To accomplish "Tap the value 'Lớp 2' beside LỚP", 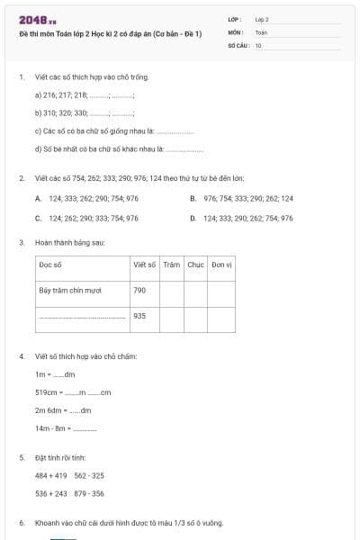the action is pyautogui.click(x=262, y=19).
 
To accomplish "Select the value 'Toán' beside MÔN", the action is pyautogui.click(x=261, y=31).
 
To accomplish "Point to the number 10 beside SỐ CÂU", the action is pyautogui.click(x=258, y=44).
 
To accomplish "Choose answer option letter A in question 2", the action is pyautogui.click(x=38, y=198).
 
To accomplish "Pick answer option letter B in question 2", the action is pyautogui.click(x=193, y=198).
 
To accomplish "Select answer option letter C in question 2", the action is pyautogui.click(x=38, y=218).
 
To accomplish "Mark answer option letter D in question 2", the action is pyautogui.click(x=193, y=218).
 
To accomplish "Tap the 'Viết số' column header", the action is pyautogui.click(x=144, y=265).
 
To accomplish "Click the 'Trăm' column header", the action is pyautogui.click(x=172, y=265).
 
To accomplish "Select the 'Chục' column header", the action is pyautogui.click(x=195, y=265).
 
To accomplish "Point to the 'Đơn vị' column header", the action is pyautogui.click(x=221, y=265).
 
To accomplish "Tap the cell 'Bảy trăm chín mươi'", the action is pyautogui.click(x=70, y=291).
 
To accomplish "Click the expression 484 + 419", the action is pyautogui.click(x=51, y=475).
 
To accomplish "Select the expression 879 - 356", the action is pyautogui.click(x=89, y=493).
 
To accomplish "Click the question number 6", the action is pyautogui.click(x=22, y=523).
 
